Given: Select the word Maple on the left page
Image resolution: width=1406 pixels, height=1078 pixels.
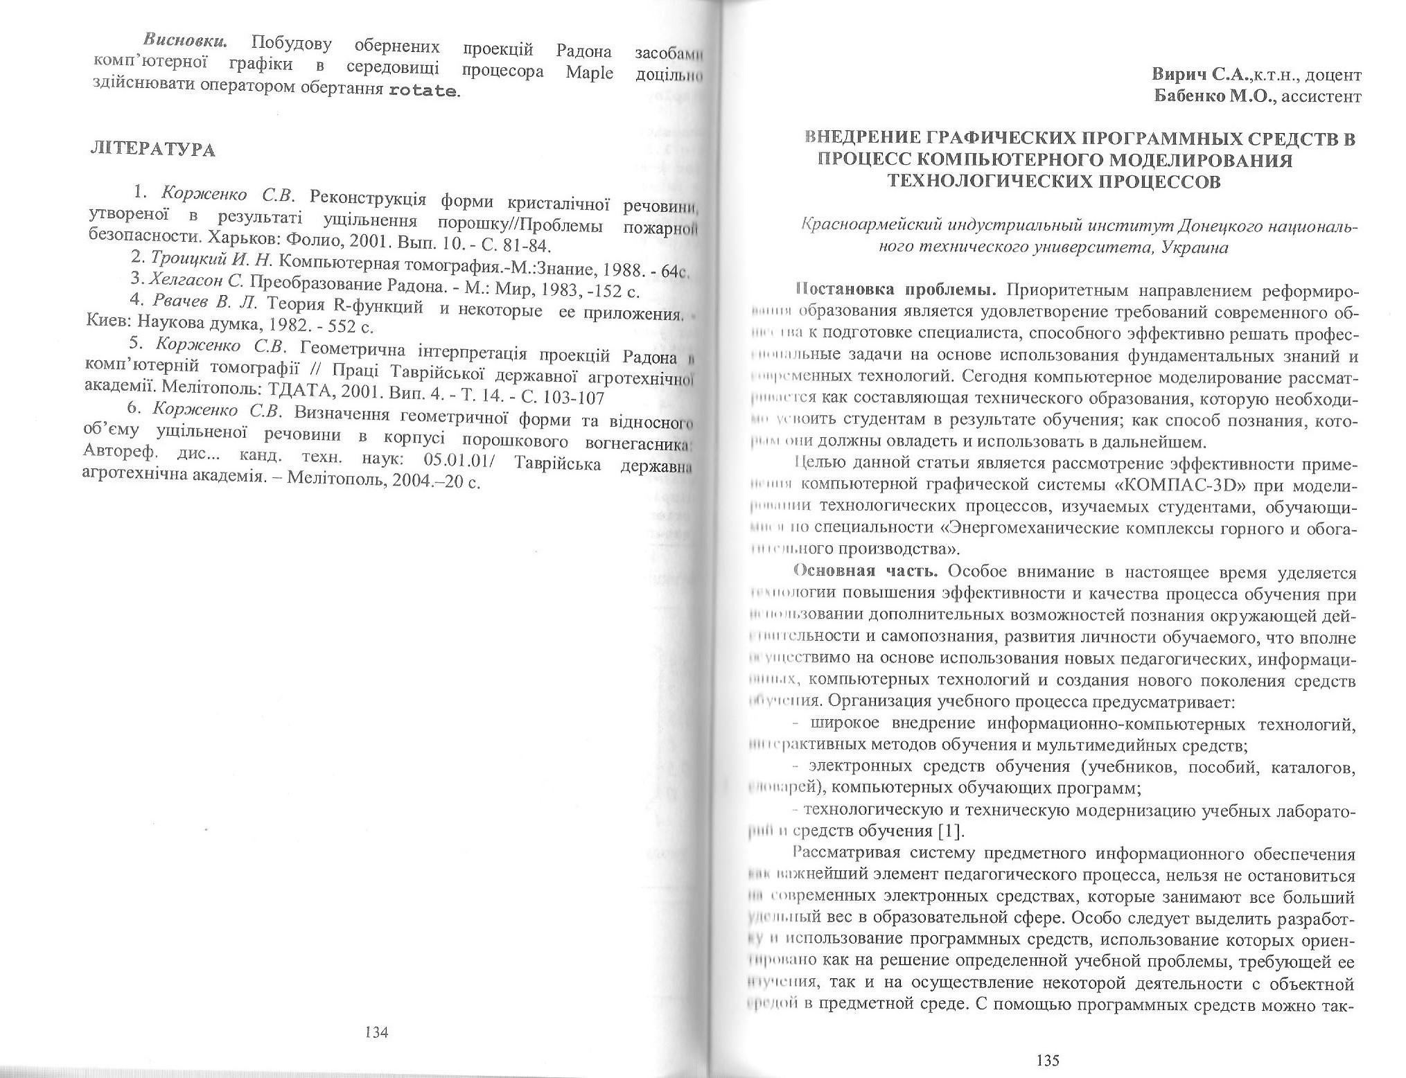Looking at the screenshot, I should tap(589, 72).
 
